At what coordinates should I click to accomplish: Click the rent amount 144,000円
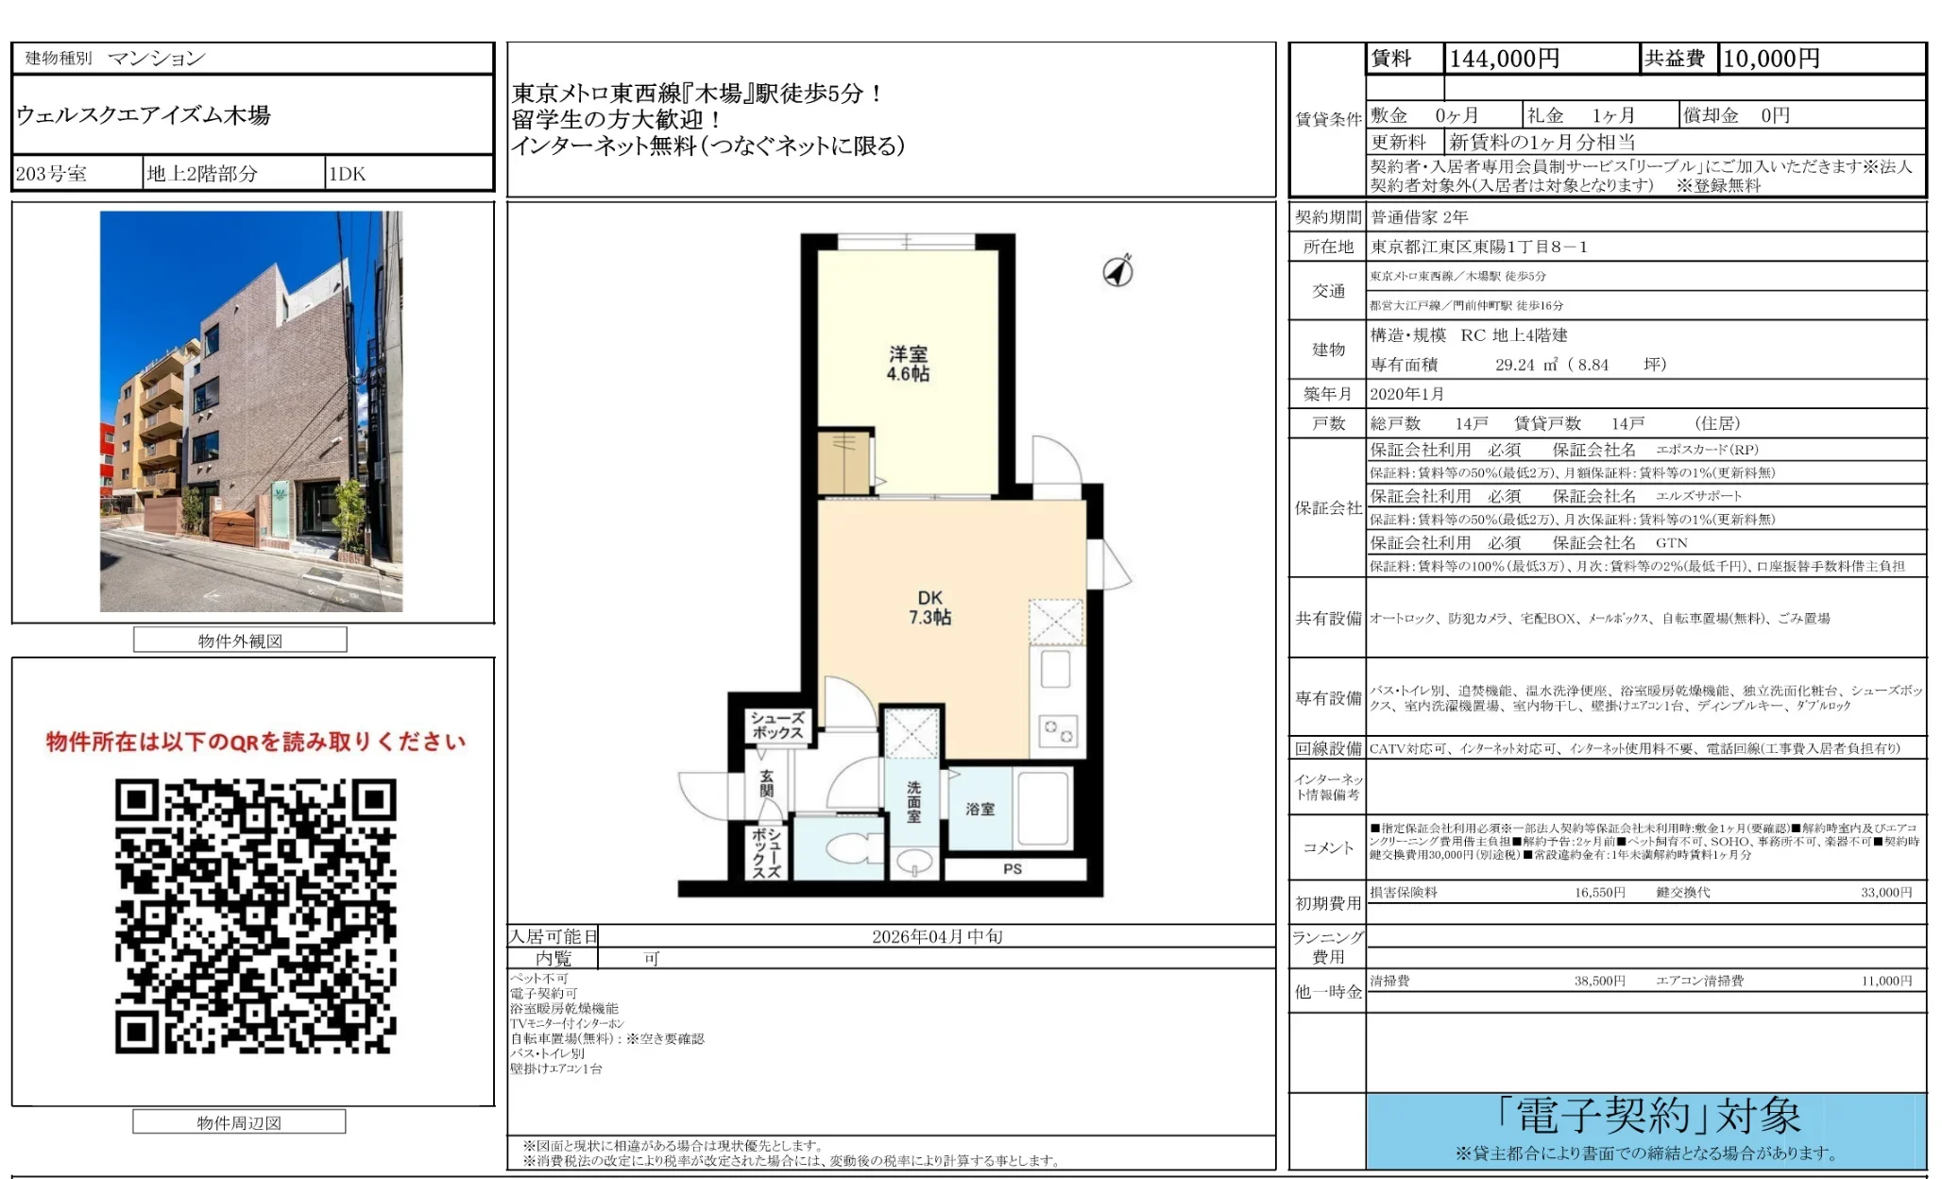click(1504, 59)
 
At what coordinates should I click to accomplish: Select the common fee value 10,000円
click(1771, 59)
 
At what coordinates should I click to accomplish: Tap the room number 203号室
click(52, 174)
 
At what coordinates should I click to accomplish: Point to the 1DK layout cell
click(348, 174)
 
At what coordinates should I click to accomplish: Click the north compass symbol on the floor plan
click(1118, 271)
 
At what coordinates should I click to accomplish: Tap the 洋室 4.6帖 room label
click(908, 364)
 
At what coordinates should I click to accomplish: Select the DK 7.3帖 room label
click(929, 607)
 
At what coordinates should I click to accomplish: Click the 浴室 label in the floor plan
click(980, 809)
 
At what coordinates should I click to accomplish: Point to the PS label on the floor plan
click(1013, 869)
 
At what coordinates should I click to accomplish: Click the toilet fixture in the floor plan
click(849, 846)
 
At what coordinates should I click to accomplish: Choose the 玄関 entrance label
click(767, 783)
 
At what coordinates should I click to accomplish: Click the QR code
click(255, 915)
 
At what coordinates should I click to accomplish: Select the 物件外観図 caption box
click(240, 641)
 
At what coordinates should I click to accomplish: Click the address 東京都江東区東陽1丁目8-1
click(1479, 247)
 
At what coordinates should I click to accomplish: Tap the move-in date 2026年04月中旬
click(937, 936)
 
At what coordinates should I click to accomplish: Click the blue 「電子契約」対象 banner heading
click(1648, 1117)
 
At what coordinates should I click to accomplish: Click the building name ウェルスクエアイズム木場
click(144, 115)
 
